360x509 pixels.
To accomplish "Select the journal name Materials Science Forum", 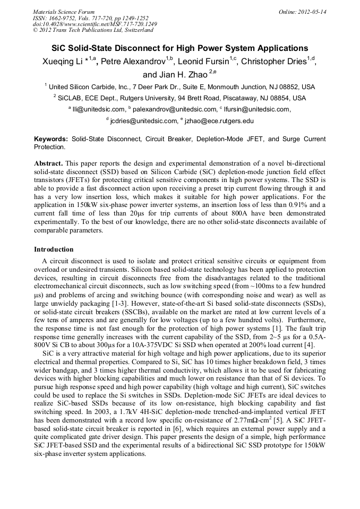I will pos(64,12).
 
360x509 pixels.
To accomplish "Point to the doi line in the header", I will pos(95,24).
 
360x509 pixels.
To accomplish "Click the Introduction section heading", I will pos(54,249).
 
